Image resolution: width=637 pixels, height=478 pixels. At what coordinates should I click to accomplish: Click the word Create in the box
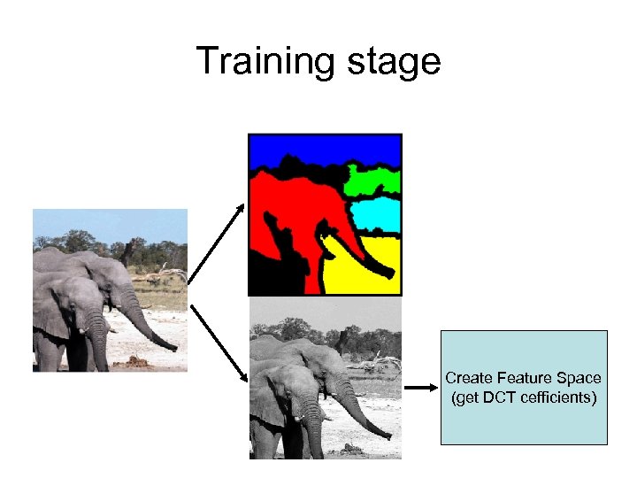pyautogui.click(x=466, y=378)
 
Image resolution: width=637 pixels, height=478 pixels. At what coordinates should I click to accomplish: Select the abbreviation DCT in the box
pyautogui.click(x=503, y=397)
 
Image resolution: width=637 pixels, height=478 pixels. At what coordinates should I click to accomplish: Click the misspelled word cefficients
pyautogui.click(x=560, y=397)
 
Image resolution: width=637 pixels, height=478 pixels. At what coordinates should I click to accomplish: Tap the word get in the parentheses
pyautogui.click(x=468, y=397)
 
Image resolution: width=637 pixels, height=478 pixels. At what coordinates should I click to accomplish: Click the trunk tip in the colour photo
pyautogui.click(x=174, y=348)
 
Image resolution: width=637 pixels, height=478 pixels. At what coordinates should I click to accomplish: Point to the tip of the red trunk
pyautogui.click(x=390, y=273)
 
